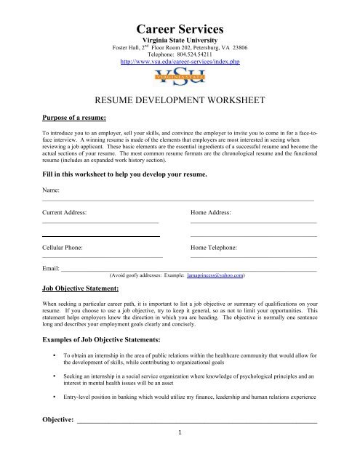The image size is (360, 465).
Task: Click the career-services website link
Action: (179, 63)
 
